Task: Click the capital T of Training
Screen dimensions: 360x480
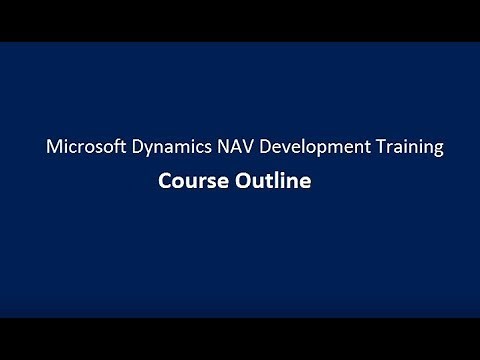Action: point(369,148)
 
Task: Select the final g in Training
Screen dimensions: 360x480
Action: point(437,151)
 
